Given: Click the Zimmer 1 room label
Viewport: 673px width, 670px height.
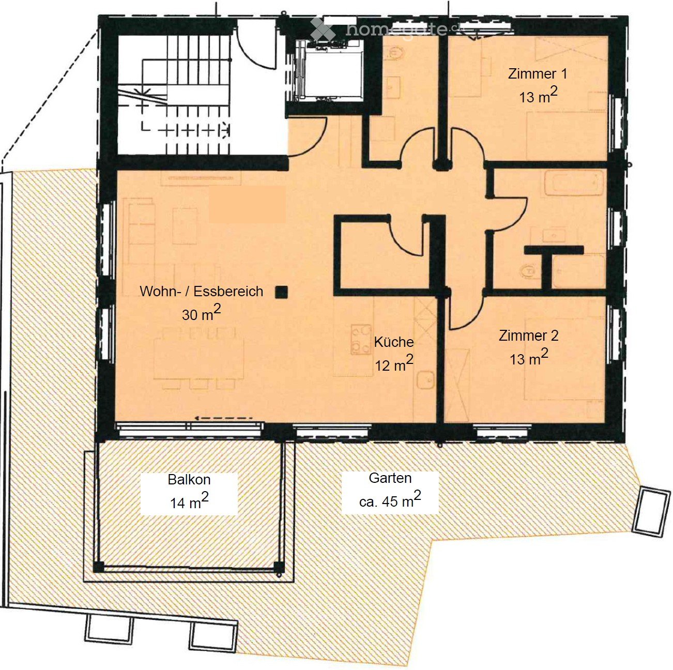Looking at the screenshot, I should (538, 74).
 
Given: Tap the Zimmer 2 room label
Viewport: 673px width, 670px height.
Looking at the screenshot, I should (528, 336).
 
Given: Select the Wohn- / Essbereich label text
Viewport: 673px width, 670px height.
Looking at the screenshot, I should (201, 292).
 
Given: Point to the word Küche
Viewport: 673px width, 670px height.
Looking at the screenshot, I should (394, 342).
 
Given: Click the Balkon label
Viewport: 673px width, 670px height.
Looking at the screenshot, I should (189, 480).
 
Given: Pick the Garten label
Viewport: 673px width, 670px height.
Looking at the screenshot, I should (390, 478).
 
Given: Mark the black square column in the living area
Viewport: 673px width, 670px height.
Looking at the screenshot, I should (281, 292).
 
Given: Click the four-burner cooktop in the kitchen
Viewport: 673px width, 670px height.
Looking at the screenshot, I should (361, 339).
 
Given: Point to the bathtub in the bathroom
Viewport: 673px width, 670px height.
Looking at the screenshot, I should (573, 184).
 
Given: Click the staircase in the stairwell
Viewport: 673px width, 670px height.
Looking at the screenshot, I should (173, 93).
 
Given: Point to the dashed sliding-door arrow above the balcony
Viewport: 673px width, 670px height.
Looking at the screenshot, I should (223, 418).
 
